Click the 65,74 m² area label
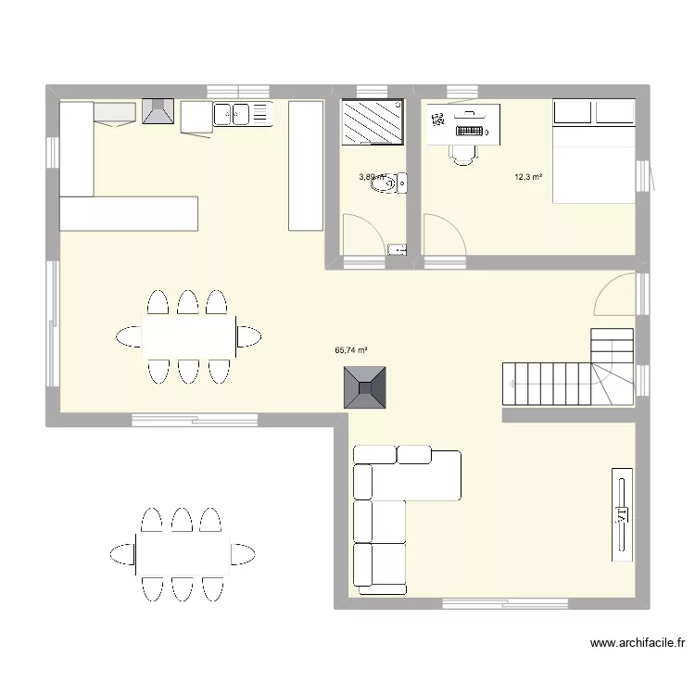tap(351, 350)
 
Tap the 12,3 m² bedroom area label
tap(529, 176)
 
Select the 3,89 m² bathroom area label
tap(371, 176)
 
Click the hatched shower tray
tap(372, 122)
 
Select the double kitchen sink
tap(231, 115)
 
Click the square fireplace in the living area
tap(365, 387)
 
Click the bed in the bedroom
tap(593, 151)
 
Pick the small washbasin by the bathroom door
tap(397, 249)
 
